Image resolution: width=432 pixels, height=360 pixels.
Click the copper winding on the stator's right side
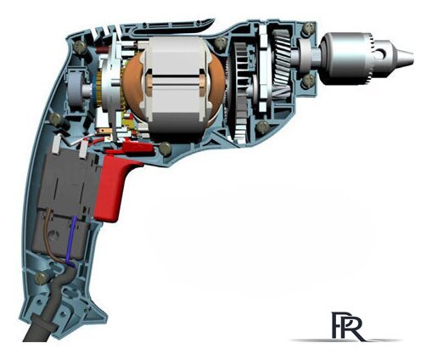tap(216, 85)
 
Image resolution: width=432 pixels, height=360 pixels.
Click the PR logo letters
tap(343, 324)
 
